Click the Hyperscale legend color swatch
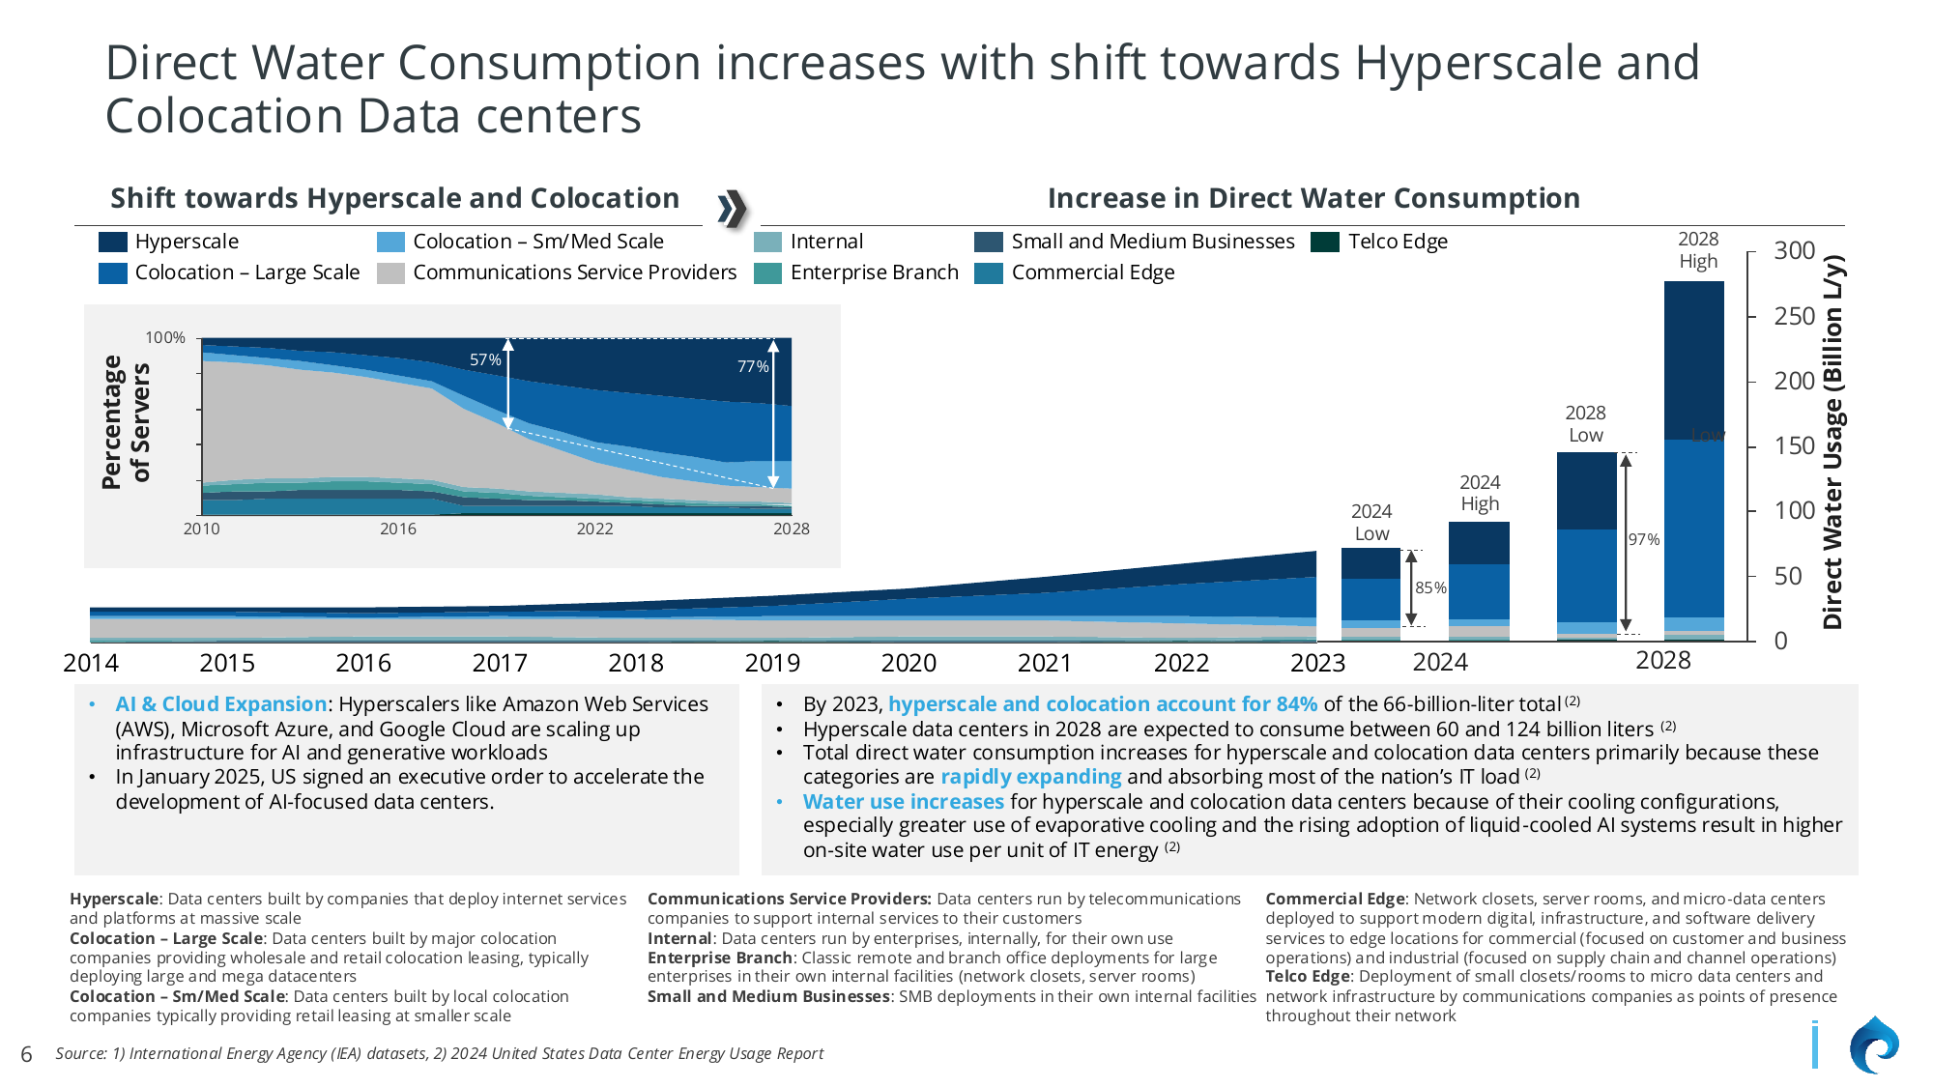point(112,242)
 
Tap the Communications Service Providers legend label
point(574,272)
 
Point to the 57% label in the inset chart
point(485,359)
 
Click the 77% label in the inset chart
point(753,366)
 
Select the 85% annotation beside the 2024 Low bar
point(1430,587)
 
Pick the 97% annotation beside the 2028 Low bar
point(1643,539)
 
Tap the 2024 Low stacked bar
point(1370,593)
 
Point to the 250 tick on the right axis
point(1794,316)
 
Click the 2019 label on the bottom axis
point(772,663)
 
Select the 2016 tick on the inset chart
point(398,529)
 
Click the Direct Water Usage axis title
point(1832,443)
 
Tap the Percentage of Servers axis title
point(126,422)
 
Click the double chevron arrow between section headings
point(733,208)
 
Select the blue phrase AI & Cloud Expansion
point(220,704)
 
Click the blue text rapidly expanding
point(1030,777)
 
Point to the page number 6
point(26,1054)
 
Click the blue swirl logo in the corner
point(1874,1046)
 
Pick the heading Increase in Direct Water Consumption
point(1313,198)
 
